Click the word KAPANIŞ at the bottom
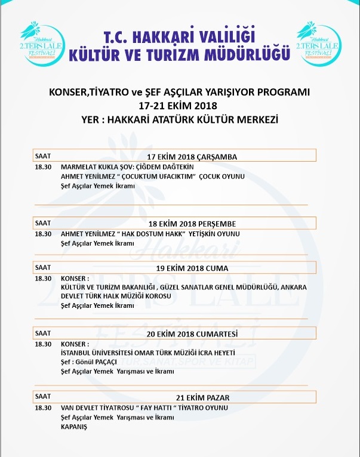(x=75, y=426)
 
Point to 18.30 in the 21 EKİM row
(x=43, y=407)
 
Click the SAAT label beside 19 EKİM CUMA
(x=43, y=267)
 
